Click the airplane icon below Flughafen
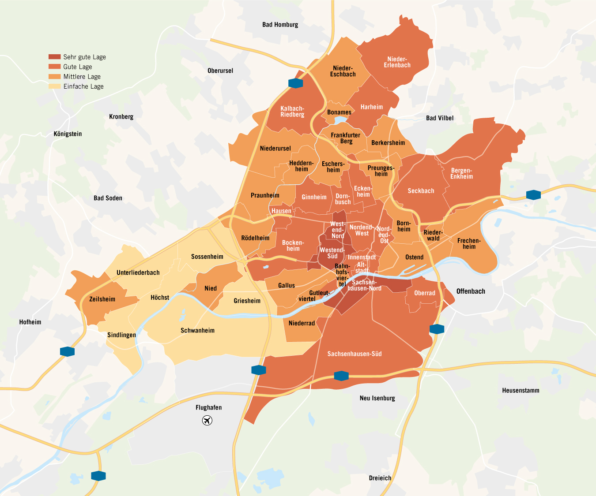(207, 420)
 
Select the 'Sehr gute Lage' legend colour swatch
(54, 57)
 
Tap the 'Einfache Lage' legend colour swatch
(54, 86)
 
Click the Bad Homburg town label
(280, 25)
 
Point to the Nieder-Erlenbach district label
(397, 62)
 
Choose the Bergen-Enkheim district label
(461, 174)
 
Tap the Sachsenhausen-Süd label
(354, 354)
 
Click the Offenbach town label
(471, 291)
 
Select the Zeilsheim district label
(102, 299)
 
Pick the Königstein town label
(68, 134)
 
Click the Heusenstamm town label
(521, 390)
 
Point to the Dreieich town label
(380, 478)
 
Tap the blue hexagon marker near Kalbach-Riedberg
(295, 83)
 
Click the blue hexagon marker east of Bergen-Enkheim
(533, 194)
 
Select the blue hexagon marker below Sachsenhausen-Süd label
(341, 376)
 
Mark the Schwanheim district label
(197, 331)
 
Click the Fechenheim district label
(469, 244)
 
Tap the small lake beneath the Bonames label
(340, 119)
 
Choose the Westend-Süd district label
(332, 253)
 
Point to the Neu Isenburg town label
(377, 398)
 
